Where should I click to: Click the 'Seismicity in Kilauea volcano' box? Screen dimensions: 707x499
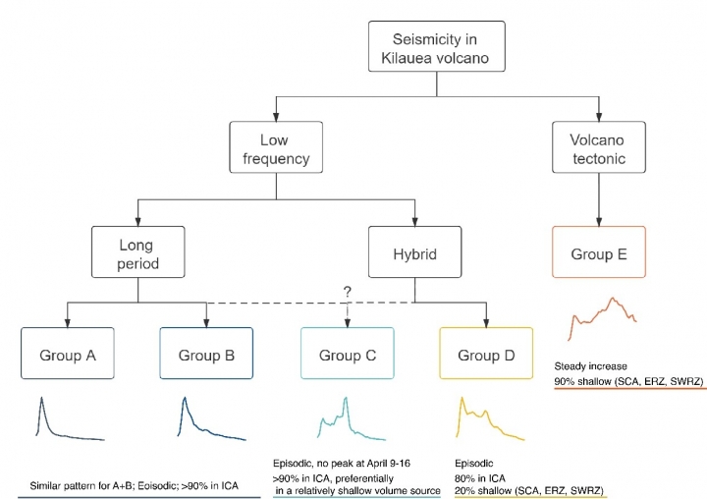tap(436, 46)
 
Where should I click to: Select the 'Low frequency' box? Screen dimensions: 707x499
tap(276, 147)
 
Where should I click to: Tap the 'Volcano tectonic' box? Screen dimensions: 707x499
tap(599, 147)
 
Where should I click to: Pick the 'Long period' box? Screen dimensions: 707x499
tap(138, 251)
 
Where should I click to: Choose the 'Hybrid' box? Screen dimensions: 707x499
tap(414, 251)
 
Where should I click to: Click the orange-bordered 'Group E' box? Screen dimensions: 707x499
tap(599, 251)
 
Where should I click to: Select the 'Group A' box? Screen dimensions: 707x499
tap(68, 354)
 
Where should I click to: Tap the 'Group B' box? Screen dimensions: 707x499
tap(206, 354)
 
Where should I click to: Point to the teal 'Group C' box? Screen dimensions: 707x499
tap(348, 354)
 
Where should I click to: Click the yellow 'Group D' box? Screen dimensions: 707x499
tap(486, 354)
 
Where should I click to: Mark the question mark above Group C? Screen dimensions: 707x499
tap(348, 292)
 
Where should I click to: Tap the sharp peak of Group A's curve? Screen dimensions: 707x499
tap(42, 398)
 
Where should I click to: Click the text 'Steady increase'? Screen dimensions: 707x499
tap(591, 366)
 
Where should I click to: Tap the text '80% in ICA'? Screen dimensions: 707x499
tap(480, 477)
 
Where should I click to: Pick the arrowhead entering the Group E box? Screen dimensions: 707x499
tap(599, 222)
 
